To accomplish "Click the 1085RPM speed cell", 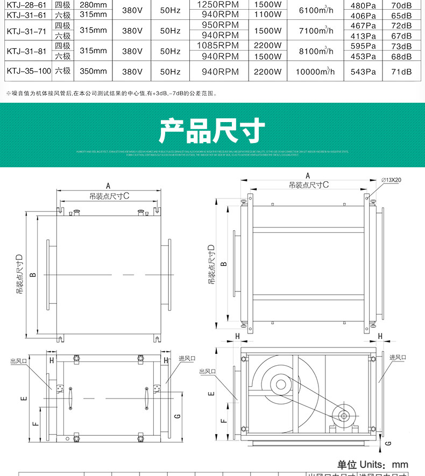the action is click(218, 46).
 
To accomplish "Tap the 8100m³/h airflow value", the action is click(315, 52).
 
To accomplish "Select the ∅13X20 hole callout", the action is click(391, 180).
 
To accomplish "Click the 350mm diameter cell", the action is click(93, 71).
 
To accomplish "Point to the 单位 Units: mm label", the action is click(372, 465).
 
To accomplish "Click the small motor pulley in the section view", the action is click(342, 416).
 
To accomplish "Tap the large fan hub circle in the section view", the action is click(280, 384).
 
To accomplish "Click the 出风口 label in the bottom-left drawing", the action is click(19, 361).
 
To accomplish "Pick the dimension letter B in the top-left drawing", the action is click(33, 275).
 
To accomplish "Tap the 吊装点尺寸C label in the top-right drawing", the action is click(308, 184).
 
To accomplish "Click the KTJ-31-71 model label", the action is click(25, 31).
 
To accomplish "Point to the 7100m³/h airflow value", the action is click(315, 31).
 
